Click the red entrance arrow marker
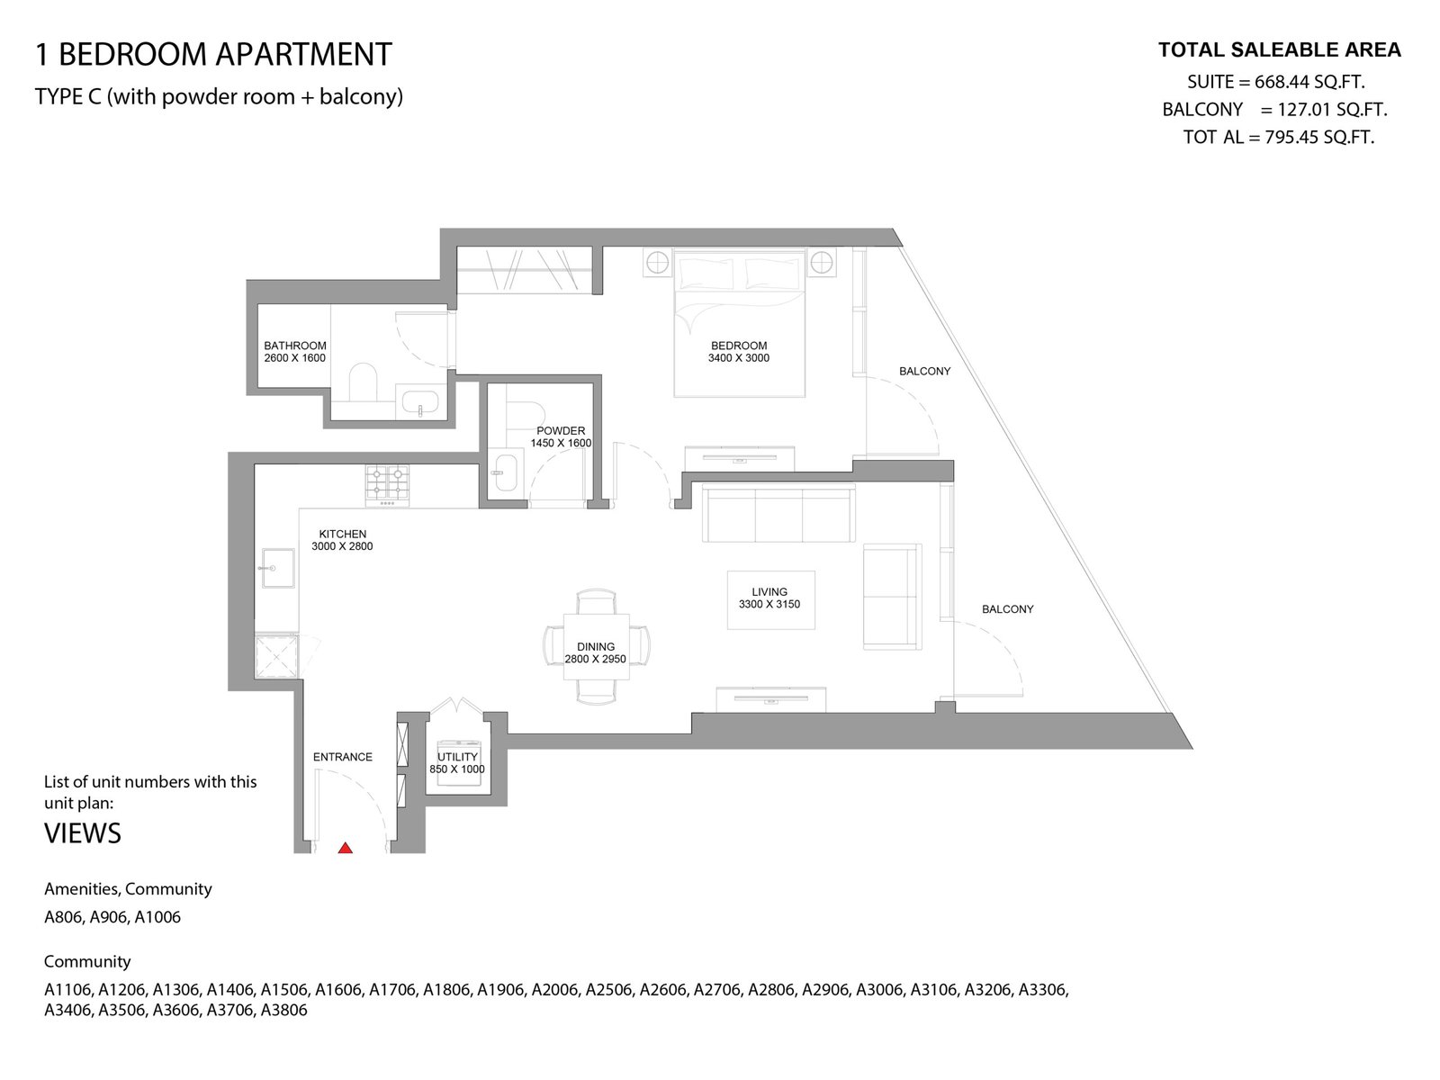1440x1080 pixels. point(345,848)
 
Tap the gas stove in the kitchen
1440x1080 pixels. point(388,485)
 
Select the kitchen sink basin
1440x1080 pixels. point(277,568)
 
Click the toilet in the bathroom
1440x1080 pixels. point(362,382)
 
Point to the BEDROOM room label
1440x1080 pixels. point(739,346)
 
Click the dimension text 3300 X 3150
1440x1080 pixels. point(769,604)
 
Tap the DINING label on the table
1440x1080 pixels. point(596,646)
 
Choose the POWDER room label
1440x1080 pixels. point(561,431)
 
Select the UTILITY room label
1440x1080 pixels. point(457,757)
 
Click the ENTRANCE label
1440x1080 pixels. point(343,757)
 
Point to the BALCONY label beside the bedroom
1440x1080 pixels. point(924,371)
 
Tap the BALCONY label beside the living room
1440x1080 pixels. point(1008,609)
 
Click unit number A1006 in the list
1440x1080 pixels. point(157,917)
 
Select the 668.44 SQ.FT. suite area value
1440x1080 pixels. point(1309,82)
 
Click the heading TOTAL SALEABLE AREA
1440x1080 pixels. point(1279,49)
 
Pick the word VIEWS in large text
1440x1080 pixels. point(83,833)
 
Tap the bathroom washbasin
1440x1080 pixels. point(419,401)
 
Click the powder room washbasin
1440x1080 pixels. point(506,472)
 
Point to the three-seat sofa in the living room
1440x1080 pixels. point(778,513)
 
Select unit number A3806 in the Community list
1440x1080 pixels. point(283,1009)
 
